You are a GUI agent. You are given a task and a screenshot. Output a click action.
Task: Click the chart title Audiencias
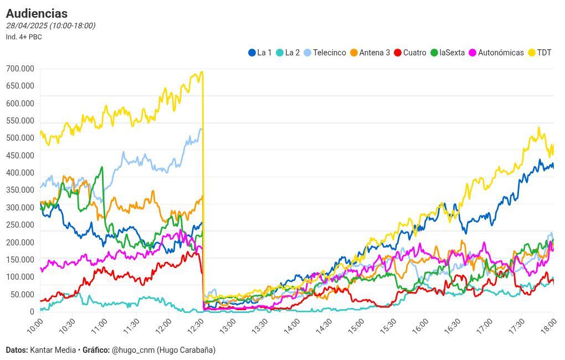(x=37, y=13)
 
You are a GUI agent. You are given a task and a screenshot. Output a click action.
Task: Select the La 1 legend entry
(x=260, y=53)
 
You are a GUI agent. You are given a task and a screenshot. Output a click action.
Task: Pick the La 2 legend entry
(x=287, y=53)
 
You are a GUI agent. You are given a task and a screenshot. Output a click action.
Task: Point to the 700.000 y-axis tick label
(x=20, y=69)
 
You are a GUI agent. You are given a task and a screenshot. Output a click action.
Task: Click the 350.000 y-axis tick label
(x=20, y=190)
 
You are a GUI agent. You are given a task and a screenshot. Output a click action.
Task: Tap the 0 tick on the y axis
(x=32, y=312)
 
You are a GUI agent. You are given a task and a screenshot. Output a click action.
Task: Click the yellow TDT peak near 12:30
(x=202, y=72)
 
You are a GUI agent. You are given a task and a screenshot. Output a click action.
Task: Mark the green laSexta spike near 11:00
(x=101, y=167)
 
